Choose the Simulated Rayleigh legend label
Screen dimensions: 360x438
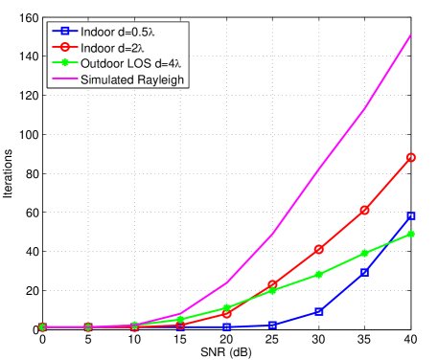click(x=133, y=79)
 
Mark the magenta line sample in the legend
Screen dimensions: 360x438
click(x=65, y=79)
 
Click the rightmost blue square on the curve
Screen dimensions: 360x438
click(x=411, y=216)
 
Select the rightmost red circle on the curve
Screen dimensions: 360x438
click(x=411, y=157)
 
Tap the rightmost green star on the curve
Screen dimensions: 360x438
click(x=411, y=234)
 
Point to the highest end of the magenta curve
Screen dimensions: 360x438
click(x=411, y=34)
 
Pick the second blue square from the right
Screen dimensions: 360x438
click(x=365, y=272)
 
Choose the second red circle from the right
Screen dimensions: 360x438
click(x=365, y=210)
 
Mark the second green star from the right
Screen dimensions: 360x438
click(x=365, y=253)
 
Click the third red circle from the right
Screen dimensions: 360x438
click(x=319, y=249)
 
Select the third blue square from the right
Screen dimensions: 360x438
click(x=319, y=311)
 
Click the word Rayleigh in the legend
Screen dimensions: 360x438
click(x=161, y=79)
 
